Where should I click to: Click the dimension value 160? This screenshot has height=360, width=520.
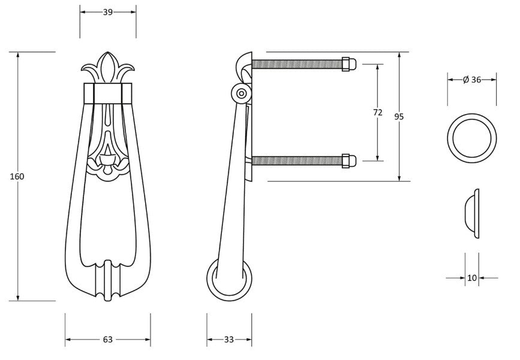coord(17,176)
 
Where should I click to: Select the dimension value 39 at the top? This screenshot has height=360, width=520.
coord(108,11)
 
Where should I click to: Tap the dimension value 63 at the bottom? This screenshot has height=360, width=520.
coord(108,340)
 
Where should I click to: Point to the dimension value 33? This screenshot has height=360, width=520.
coord(229,340)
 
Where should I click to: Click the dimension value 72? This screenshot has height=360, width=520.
coord(377,112)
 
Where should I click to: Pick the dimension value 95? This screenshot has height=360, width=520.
coord(399,116)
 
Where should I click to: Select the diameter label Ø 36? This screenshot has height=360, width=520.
coord(472,79)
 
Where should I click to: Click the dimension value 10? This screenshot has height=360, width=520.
coord(472,277)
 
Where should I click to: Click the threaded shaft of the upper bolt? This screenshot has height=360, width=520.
coord(297,63)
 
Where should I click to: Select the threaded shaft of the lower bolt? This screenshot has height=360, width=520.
coord(297,160)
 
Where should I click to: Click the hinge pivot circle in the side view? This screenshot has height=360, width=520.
coord(241,93)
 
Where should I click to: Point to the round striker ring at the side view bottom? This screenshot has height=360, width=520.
coord(229,280)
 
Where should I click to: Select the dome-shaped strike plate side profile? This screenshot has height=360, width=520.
coord(473,214)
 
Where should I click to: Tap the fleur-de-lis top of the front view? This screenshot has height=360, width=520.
coord(108,69)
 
